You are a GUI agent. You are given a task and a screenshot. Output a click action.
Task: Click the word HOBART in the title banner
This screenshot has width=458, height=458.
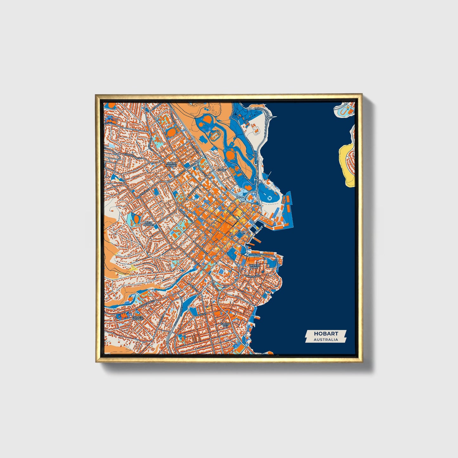tap(326, 333)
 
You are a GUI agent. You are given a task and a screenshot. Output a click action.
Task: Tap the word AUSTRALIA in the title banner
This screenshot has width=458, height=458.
tap(326, 339)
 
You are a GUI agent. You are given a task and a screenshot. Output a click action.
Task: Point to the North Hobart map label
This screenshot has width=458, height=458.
tap(171, 164)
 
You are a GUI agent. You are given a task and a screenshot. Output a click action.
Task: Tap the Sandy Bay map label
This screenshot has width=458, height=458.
tap(225, 325)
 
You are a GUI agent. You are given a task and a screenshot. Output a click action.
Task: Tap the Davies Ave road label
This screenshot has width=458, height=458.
tap(243, 171)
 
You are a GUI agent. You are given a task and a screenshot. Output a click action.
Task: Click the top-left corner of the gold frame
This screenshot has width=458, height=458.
tap(96, 95)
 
